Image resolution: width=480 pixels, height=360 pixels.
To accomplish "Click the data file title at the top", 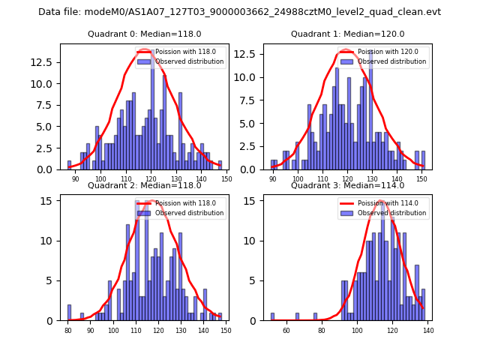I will [239, 12].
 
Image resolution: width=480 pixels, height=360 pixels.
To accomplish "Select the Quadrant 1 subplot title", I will [347, 34].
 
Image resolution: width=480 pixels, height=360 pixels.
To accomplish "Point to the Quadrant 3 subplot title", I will [347, 185].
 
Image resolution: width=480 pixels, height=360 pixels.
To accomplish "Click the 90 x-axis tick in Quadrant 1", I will [273, 179].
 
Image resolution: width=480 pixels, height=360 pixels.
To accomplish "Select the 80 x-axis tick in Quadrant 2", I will [68, 331].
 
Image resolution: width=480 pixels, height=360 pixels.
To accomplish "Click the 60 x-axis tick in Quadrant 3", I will [286, 331].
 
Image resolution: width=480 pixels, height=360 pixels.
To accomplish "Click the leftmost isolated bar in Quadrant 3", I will [272, 316].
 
